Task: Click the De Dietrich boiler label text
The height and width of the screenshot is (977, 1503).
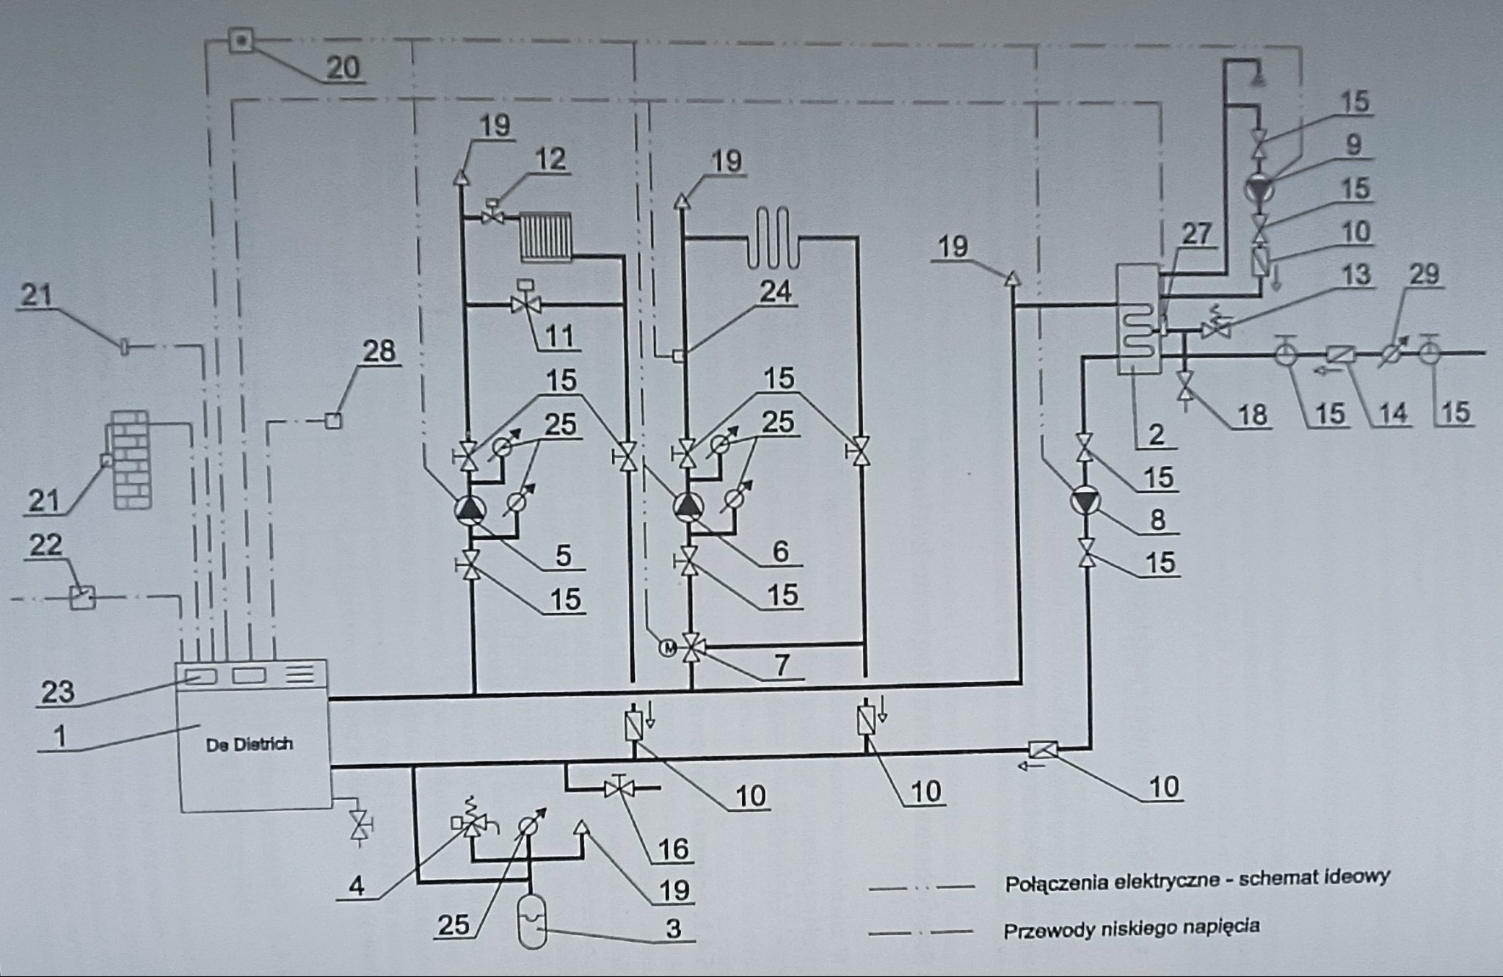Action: (x=249, y=744)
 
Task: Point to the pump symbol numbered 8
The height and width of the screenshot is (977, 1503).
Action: (x=1085, y=501)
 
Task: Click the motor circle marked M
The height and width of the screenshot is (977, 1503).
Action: (x=669, y=647)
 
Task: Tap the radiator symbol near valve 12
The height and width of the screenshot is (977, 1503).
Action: (x=545, y=236)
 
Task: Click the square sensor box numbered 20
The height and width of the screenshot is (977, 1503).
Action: (x=240, y=40)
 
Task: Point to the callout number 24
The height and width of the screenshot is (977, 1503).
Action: (x=776, y=291)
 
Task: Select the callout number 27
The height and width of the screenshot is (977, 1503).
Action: (x=1196, y=233)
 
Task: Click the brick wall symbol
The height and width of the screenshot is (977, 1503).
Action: (x=132, y=460)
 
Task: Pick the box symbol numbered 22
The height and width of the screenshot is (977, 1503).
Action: (x=82, y=597)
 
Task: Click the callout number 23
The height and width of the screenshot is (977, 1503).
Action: (x=57, y=691)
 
